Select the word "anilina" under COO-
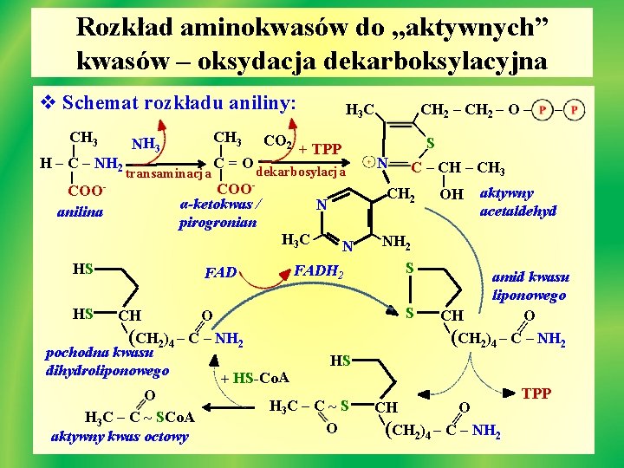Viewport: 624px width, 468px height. (81, 211)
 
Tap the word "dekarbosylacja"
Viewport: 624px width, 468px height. (302, 171)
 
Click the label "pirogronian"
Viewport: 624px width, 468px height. (218, 223)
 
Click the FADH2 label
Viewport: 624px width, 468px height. (319, 273)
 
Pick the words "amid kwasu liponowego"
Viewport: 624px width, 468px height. (530, 286)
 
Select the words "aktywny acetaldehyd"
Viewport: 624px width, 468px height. (517, 202)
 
